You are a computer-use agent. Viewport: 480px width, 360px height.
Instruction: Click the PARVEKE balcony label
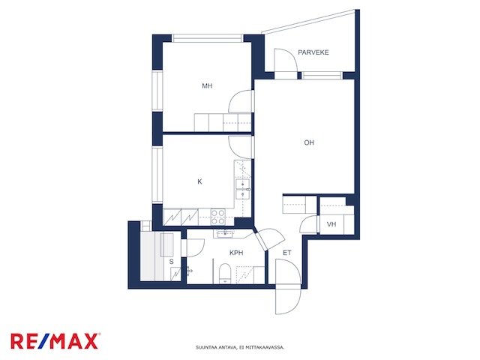(313, 52)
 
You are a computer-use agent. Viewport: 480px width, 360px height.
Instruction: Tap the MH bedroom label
(207, 86)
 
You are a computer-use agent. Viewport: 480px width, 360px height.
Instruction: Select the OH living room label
(309, 142)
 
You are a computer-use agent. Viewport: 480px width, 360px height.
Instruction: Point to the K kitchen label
(199, 181)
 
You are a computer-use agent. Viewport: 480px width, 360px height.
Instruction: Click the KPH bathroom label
(236, 253)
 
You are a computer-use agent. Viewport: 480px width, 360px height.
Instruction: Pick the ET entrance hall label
(286, 253)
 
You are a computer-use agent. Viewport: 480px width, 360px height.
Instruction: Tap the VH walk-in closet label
(331, 224)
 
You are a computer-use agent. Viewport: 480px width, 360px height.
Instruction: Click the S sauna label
(172, 262)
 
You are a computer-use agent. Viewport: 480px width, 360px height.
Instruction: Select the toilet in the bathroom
(225, 273)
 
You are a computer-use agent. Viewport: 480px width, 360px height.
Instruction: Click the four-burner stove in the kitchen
(218, 217)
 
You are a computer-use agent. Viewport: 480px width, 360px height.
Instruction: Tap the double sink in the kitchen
(243, 189)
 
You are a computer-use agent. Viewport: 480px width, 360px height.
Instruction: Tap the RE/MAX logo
(55, 341)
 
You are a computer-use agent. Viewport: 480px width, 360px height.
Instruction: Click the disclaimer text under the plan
(240, 347)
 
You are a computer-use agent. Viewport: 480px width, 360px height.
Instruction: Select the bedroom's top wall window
(207, 38)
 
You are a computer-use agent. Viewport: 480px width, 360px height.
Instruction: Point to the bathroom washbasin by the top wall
(226, 233)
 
